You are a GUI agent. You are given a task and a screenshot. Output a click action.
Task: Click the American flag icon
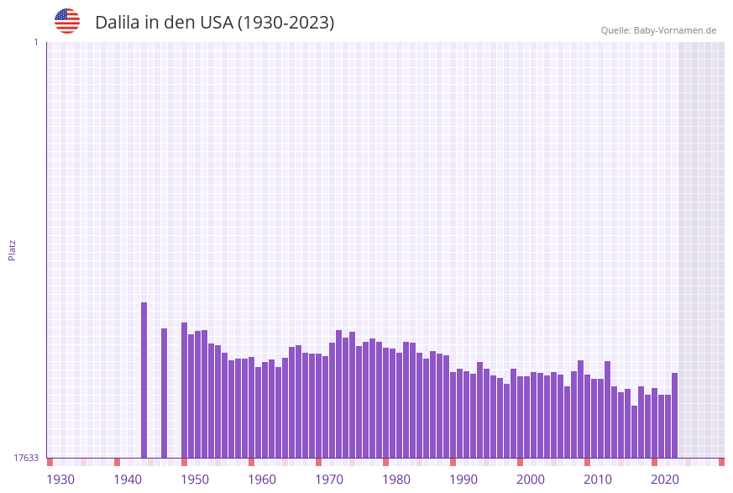click(67, 21)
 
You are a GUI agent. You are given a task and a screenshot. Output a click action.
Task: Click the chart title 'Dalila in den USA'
click(214, 23)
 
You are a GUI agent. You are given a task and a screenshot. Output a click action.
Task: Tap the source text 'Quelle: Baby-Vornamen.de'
click(658, 30)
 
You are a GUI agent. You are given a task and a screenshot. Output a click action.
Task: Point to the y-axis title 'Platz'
click(13, 249)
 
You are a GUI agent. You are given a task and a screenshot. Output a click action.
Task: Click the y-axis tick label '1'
click(35, 42)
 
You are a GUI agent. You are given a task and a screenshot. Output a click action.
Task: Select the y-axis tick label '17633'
click(26, 458)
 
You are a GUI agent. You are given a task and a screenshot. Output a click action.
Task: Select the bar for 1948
click(184, 390)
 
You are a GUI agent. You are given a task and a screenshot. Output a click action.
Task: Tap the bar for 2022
click(674, 415)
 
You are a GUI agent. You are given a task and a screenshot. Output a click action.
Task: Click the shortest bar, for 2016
click(634, 432)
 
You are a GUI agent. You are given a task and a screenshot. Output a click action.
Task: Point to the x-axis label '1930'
click(60, 480)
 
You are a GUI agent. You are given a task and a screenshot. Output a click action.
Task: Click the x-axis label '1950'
click(195, 480)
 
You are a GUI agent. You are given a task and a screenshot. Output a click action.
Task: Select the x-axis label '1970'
click(329, 480)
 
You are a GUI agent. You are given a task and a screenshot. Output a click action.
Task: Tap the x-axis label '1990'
click(463, 480)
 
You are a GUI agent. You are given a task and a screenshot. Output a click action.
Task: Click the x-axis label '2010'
click(598, 480)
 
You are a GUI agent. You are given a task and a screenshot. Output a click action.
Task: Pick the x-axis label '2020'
click(665, 480)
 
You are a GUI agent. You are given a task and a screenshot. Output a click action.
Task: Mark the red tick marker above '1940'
click(117, 462)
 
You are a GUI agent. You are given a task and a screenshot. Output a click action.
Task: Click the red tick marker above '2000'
click(520, 462)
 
